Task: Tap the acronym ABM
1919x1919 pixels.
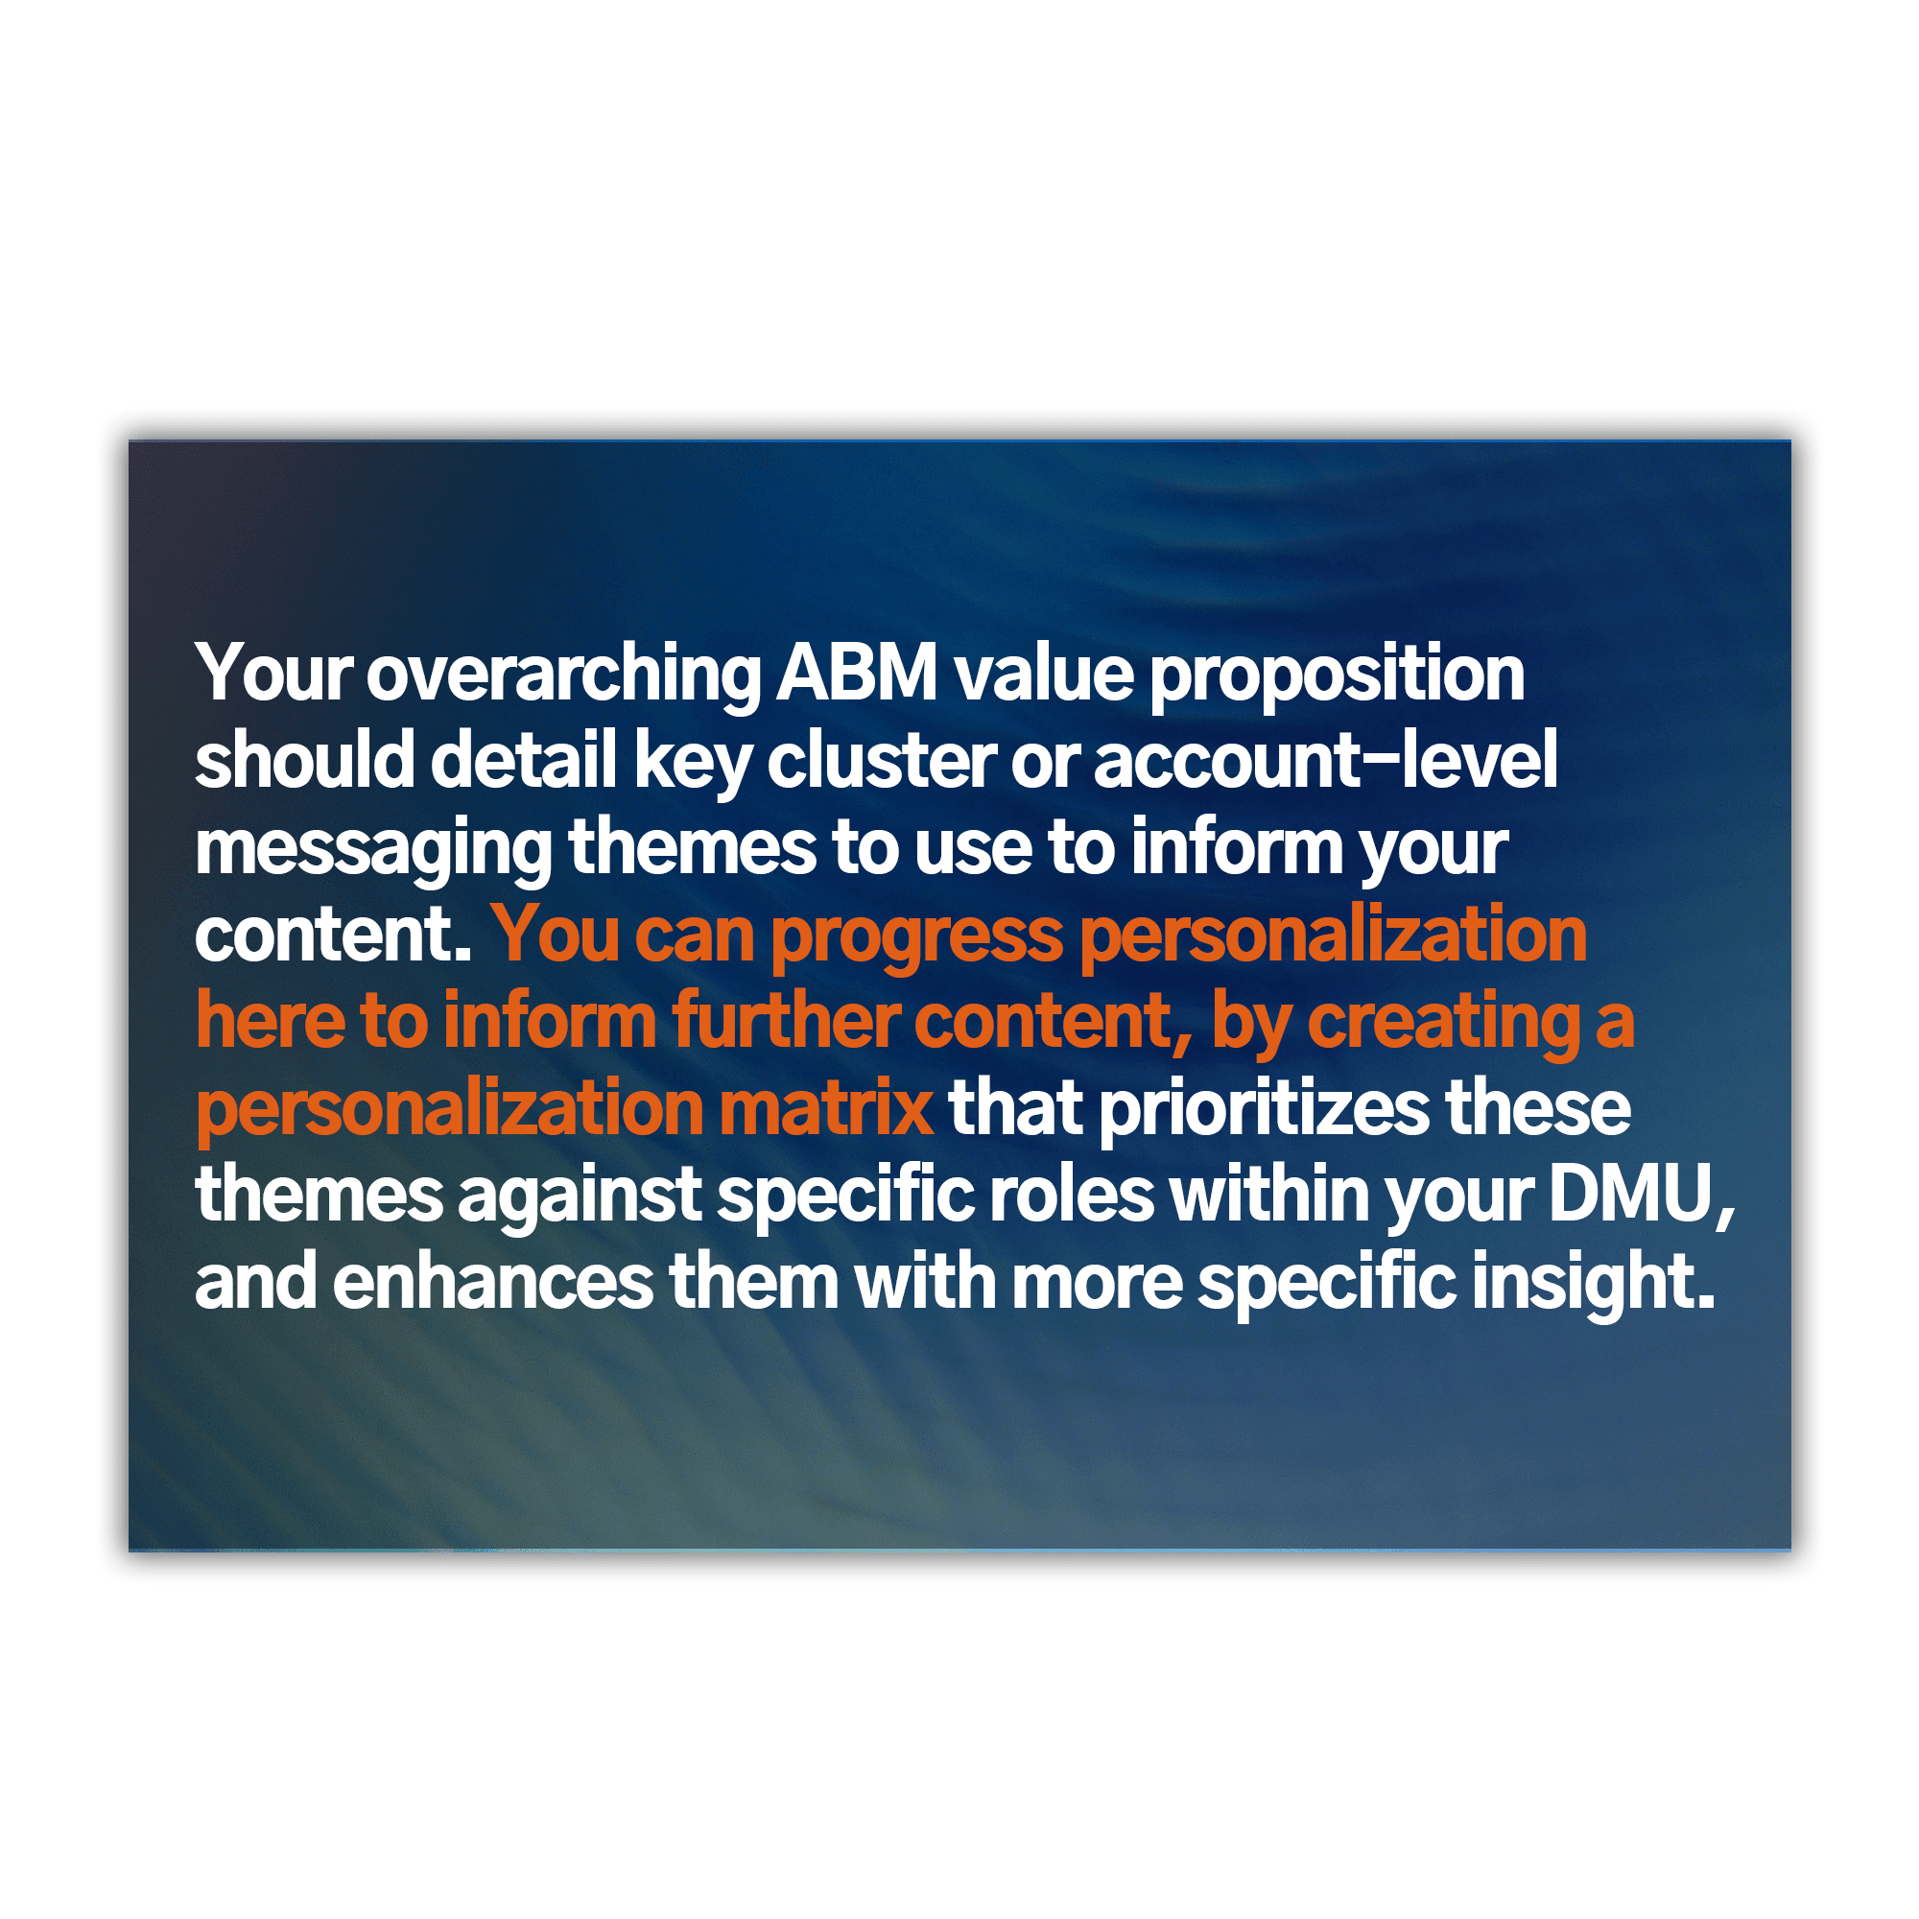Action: [857, 674]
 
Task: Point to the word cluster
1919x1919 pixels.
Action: [881, 761]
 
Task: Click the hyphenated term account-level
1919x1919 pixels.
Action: [1325, 761]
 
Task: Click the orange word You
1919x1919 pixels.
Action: [557, 936]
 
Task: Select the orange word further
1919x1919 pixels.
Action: [786, 1021]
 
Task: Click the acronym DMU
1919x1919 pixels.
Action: [1633, 1196]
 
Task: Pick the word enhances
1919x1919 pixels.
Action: [492, 1282]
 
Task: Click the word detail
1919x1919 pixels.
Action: [524, 761]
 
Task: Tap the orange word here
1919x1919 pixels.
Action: [271, 1021]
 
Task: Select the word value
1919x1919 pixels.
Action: [1044, 674]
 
